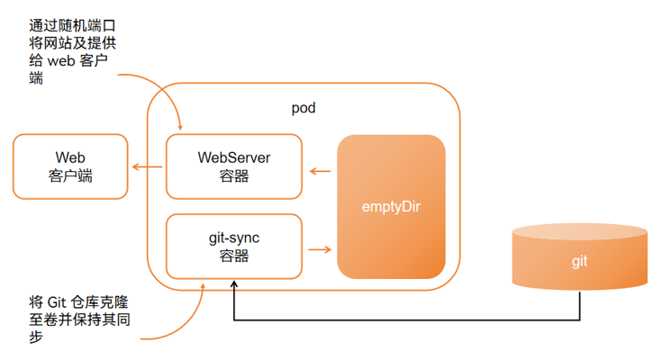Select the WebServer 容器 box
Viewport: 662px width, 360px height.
(234, 166)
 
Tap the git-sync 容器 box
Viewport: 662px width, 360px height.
(234, 247)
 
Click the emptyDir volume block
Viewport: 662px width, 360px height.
(392, 206)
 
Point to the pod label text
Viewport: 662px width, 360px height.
(304, 109)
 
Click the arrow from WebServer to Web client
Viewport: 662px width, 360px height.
(147, 167)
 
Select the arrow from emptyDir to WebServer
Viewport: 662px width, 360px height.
(319, 169)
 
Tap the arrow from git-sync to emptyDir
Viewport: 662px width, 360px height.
(319, 249)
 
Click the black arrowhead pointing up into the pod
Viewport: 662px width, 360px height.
(233, 285)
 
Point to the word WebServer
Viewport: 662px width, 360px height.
(234, 157)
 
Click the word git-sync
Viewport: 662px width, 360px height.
(234, 238)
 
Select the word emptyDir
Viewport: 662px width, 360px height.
(392, 206)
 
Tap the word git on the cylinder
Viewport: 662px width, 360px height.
(579, 262)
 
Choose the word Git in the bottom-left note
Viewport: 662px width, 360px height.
(59, 302)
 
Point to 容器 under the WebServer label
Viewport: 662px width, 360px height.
(234, 176)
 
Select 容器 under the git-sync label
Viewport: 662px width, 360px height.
(234, 256)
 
